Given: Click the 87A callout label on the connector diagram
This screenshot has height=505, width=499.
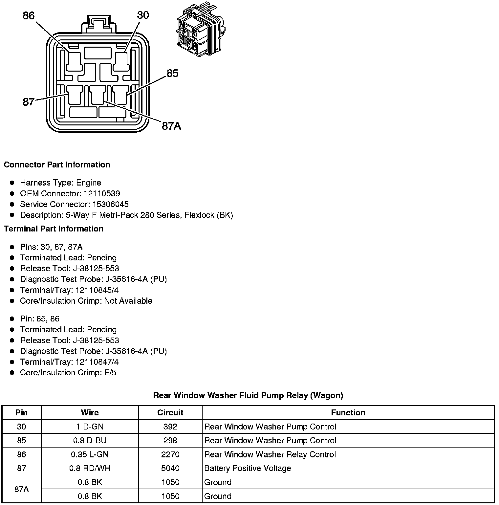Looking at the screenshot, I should click(x=171, y=126).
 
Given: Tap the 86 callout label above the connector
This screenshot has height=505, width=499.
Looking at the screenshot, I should click(x=29, y=15).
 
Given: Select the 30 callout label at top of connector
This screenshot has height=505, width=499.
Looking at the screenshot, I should click(x=143, y=15).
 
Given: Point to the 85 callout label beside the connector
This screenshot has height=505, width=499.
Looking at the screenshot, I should click(x=172, y=73).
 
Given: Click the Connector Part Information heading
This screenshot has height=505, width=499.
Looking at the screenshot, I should click(x=57, y=165).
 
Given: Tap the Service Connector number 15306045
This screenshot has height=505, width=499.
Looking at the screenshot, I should click(x=110, y=204).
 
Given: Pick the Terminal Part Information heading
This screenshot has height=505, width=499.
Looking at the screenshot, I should click(x=54, y=229).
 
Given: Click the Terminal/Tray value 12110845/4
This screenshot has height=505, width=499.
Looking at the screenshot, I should click(x=97, y=290).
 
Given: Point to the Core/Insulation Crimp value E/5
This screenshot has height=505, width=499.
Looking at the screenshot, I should click(x=110, y=372).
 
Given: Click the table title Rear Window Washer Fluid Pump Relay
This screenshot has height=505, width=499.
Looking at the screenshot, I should click(x=248, y=395).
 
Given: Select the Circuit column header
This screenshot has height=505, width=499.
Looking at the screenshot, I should click(x=170, y=413).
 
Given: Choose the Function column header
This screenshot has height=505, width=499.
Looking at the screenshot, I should click(x=348, y=413).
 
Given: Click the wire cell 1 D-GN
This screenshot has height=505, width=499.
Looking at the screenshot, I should click(x=90, y=427).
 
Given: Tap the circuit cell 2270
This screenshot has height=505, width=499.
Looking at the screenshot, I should click(x=170, y=454).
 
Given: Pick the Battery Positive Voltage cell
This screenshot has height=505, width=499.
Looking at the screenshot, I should click(x=248, y=468).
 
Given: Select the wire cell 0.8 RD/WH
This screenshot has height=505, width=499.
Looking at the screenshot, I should click(x=90, y=468).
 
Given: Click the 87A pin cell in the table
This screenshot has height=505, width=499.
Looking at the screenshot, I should click(x=21, y=489).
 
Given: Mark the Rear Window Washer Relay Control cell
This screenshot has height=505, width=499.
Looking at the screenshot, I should click(x=270, y=454).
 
